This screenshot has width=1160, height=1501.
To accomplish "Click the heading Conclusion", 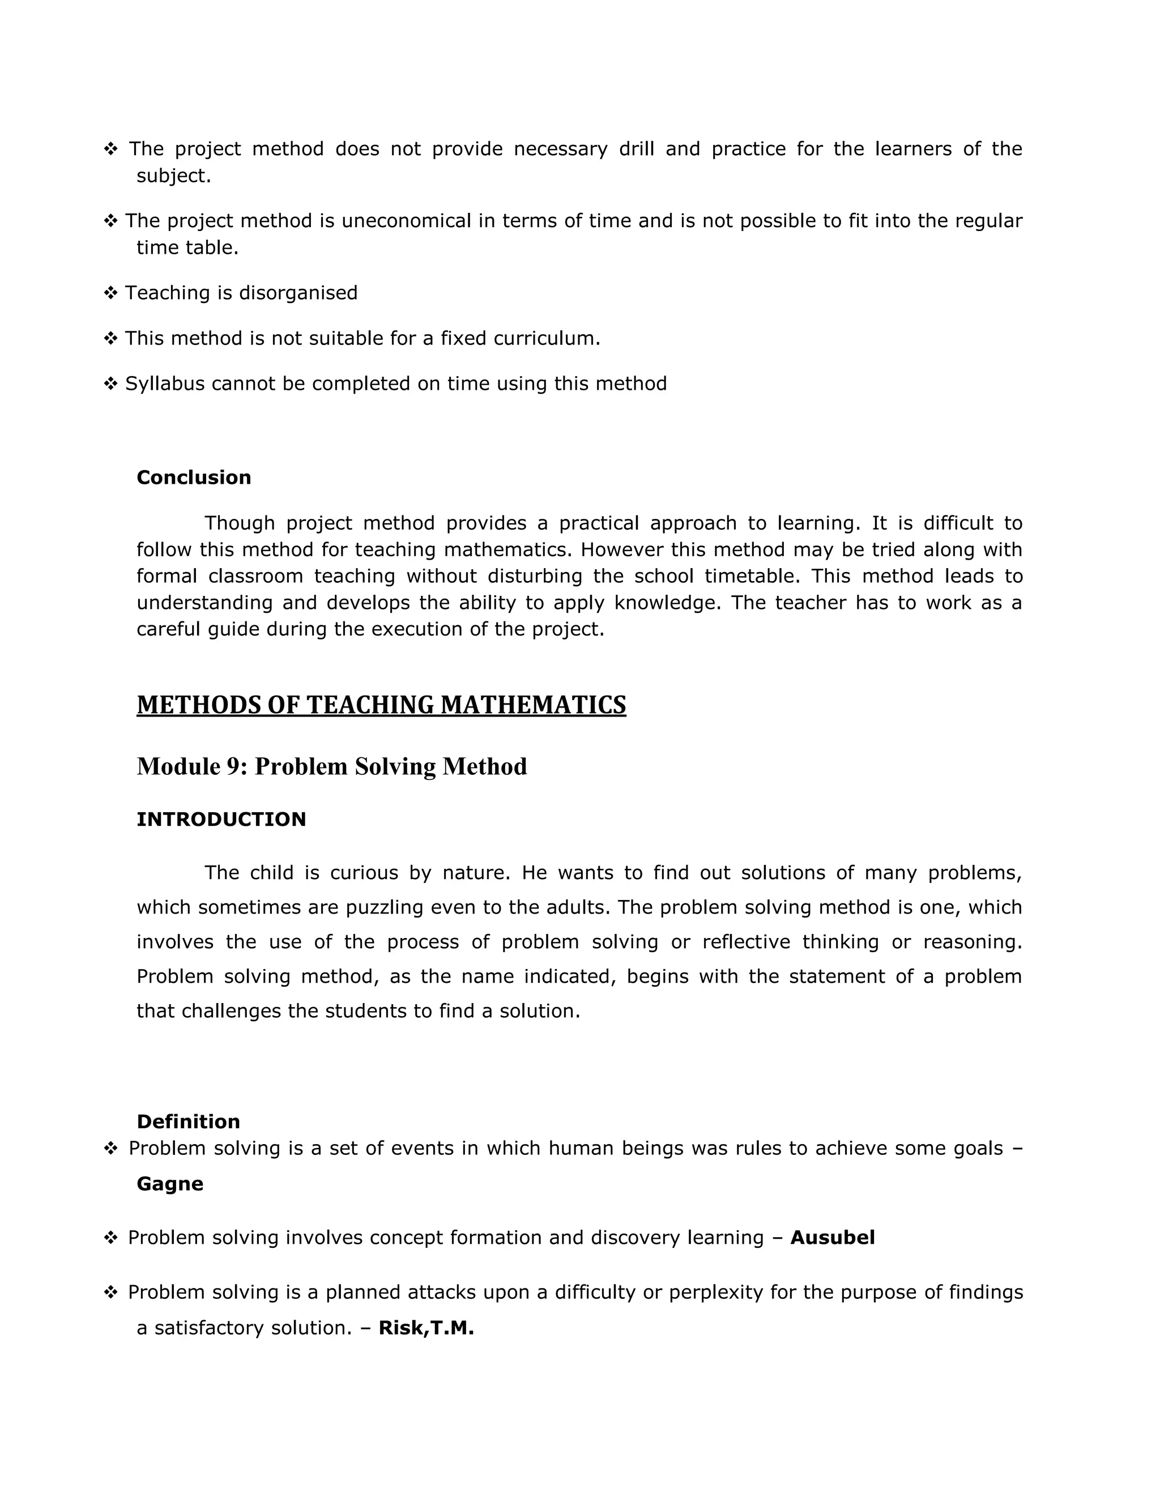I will coord(194,477).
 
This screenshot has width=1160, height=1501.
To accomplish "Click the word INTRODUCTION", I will coord(221,819).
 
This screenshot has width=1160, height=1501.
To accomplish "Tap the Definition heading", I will coord(188,1122).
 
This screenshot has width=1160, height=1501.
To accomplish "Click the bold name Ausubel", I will coord(832,1238).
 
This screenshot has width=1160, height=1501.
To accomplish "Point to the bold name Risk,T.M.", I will coord(426,1327).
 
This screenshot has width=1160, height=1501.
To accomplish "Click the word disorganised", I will coord(299,293).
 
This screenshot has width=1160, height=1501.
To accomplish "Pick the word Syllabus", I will coord(165,383).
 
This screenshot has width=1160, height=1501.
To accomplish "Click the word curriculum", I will coord(547,338).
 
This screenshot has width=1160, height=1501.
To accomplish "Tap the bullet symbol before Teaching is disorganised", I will coord(110,293).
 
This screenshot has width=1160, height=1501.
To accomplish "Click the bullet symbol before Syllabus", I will coord(110,383).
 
